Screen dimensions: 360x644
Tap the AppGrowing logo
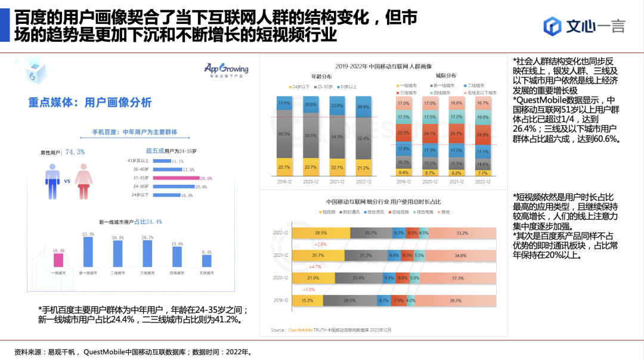226,70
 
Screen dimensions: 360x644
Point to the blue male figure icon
54,181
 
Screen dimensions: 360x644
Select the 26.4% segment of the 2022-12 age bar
363,107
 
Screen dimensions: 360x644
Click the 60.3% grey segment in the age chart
284,135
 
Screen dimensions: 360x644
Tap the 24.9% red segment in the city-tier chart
482,135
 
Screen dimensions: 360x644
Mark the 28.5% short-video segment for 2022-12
321,233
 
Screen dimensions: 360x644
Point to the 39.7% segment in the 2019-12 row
455,300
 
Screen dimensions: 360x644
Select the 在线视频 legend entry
401,212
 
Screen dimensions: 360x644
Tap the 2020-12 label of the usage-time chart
281,278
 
